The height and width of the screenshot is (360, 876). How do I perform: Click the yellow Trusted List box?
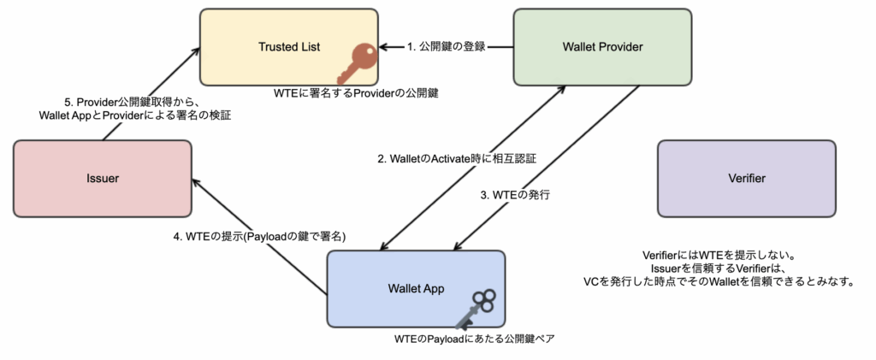tap(289, 47)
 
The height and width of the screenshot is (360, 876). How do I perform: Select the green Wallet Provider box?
tap(602, 47)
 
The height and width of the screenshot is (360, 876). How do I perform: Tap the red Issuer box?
tap(103, 179)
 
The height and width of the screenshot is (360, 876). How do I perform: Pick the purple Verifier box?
tap(746, 179)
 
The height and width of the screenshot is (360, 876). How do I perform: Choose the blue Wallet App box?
tap(416, 288)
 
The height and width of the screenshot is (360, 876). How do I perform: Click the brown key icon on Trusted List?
tap(357, 63)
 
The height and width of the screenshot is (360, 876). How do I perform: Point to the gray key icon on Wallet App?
tap(474, 309)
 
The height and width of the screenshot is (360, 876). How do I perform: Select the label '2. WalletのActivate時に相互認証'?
tap(457, 158)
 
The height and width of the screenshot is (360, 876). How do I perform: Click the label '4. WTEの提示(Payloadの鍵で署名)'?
tap(260, 236)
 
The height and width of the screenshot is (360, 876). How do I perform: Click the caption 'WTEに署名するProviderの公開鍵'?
tap(357, 94)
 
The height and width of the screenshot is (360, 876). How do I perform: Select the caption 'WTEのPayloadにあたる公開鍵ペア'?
tap(474, 339)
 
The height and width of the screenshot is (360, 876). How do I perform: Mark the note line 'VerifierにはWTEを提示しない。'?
tap(719, 257)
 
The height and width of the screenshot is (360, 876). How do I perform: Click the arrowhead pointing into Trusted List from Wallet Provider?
tap(383, 47)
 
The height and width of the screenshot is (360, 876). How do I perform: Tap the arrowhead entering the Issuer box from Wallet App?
tap(196, 182)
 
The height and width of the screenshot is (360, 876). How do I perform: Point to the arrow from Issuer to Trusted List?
tap(151, 94)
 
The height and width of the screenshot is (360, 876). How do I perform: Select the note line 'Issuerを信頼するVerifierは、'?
tap(719, 269)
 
